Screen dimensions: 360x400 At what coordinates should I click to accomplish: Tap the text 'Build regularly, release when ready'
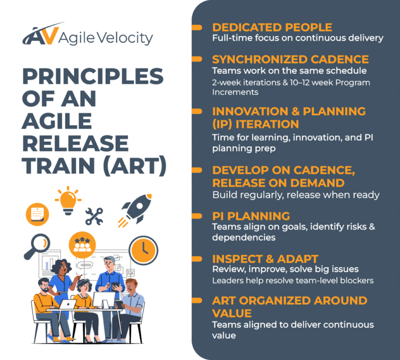pyautogui.click(x=295, y=194)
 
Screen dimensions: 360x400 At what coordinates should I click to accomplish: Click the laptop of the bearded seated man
pyautogui.click(x=67, y=305)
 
